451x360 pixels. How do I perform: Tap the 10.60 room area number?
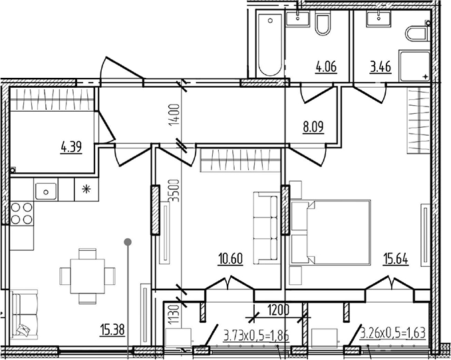[x=231, y=258]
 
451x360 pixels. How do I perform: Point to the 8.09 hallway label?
[x=313, y=126]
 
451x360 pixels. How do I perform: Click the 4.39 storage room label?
[x=71, y=147]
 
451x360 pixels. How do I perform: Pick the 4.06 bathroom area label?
[x=326, y=67]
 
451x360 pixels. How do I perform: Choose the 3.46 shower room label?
[x=380, y=67]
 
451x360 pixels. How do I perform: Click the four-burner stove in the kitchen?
[x=21, y=213]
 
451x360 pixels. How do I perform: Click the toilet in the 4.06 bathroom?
[x=323, y=24]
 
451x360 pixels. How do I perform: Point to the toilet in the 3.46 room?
[x=417, y=34]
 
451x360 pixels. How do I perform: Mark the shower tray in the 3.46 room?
[x=414, y=66]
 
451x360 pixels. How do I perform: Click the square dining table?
[x=87, y=276]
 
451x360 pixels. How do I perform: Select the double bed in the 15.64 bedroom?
[x=331, y=232]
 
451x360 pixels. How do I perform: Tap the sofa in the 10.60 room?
[x=266, y=228]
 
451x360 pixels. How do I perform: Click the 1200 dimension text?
[x=278, y=311]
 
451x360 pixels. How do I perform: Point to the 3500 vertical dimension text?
[x=174, y=191]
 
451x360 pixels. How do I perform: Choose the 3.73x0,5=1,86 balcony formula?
[x=256, y=335]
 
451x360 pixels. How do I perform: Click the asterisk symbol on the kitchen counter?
[x=86, y=189]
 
